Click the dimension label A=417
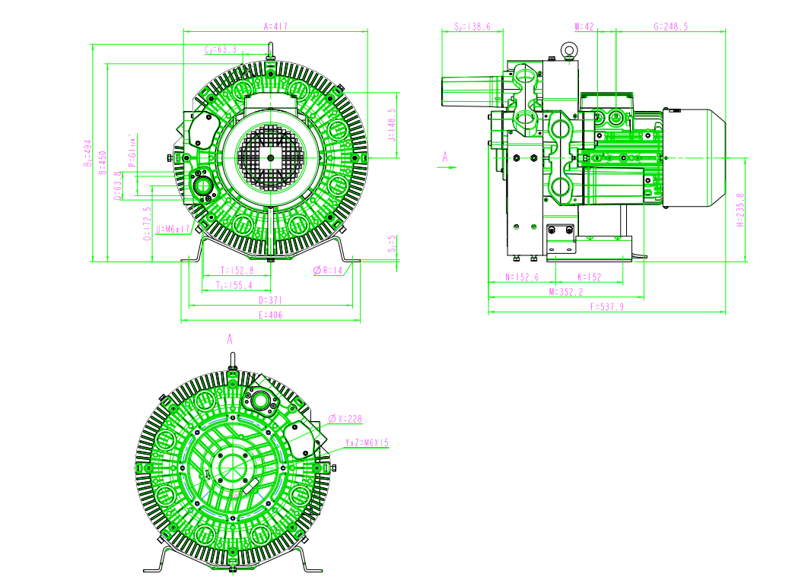(x=275, y=26)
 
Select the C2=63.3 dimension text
(x=221, y=49)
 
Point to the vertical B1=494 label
(x=87, y=152)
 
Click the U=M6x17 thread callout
(x=173, y=228)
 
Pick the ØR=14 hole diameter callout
(x=329, y=270)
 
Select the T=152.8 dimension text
(x=237, y=270)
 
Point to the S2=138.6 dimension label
(x=472, y=26)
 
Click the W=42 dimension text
(x=584, y=26)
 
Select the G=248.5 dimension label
(x=670, y=26)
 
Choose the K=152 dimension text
(x=589, y=277)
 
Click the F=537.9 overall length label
(x=606, y=306)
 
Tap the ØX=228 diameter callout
(x=345, y=419)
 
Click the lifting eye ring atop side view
(x=568, y=50)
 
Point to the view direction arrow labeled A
(x=447, y=163)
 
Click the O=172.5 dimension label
(x=147, y=224)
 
